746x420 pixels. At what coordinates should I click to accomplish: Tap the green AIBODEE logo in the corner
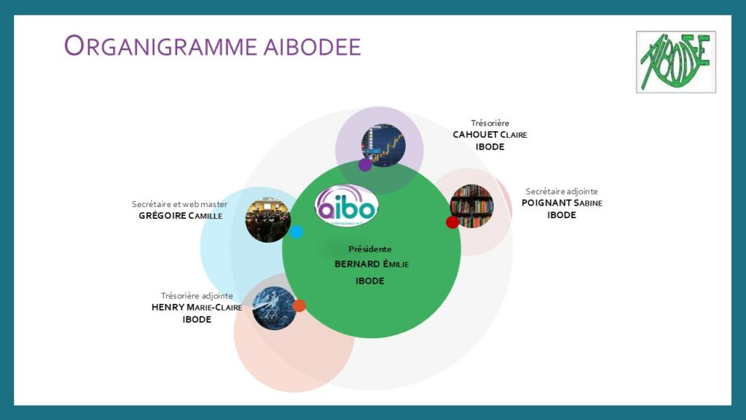pyautogui.click(x=675, y=61)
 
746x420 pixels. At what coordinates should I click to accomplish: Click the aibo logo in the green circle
pyautogui.click(x=347, y=206)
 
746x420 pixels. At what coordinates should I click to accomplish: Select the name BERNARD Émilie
pyautogui.click(x=372, y=264)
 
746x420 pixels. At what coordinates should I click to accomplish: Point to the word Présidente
pyautogui.click(x=370, y=249)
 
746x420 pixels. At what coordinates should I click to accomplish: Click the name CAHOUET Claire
pyautogui.click(x=490, y=135)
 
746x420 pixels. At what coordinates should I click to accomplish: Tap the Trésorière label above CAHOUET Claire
pyautogui.click(x=490, y=122)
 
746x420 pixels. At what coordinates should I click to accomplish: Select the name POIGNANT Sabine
pyautogui.click(x=562, y=203)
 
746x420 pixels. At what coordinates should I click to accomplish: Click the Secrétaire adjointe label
pyautogui.click(x=562, y=191)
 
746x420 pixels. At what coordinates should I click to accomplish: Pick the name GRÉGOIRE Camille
pyautogui.click(x=180, y=216)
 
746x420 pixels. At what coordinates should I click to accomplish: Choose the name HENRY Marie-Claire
pyautogui.click(x=197, y=307)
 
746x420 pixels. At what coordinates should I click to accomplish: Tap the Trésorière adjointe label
pyautogui.click(x=197, y=295)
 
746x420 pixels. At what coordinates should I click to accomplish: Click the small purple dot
pyautogui.click(x=365, y=165)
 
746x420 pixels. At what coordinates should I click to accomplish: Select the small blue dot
pyautogui.click(x=297, y=232)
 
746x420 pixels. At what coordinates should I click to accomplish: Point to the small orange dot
pyautogui.click(x=299, y=306)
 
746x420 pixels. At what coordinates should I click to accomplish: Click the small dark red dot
pyautogui.click(x=452, y=222)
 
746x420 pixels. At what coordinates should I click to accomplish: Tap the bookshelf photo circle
pyautogui.click(x=473, y=204)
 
